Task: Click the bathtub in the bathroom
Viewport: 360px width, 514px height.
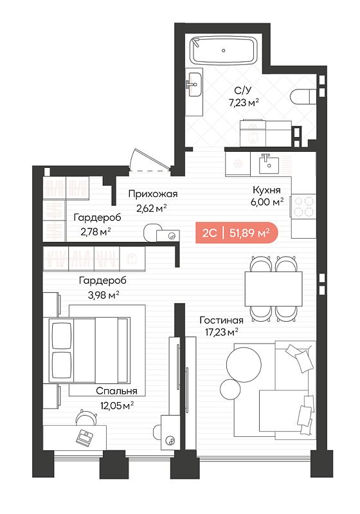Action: click(x=224, y=51)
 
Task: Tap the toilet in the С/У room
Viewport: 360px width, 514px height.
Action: click(x=303, y=96)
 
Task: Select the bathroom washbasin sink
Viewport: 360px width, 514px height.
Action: click(x=194, y=84)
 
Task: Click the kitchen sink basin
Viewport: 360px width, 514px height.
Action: click(x=269, y=164)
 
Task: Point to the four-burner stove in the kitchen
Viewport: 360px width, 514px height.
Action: click(x=303, y=207)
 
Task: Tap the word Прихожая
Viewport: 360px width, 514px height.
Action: click(x=153, y=194)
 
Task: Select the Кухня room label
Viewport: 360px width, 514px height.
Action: click(x=267, y=190)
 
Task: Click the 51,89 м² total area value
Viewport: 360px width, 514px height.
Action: click(x=249, y=233)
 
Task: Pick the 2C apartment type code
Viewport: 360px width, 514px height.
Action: click(x=210, y=233)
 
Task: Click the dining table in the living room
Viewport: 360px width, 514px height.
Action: click(x=273, y=289)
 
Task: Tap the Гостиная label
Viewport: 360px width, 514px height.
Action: click(x=221, y=320)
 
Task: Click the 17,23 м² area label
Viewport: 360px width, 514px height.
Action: click(x=221, y=333)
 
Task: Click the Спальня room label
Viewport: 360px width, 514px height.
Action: click(x=116, y=390)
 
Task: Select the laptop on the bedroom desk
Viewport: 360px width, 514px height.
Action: click(x=84, y=437)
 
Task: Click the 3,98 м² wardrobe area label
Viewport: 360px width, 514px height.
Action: click(x=104, y=295)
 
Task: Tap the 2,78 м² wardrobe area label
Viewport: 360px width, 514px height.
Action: click(x=95, y=232)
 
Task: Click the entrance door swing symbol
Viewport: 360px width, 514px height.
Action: click(x=150, y=160)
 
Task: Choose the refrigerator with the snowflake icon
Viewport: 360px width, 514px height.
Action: click(x=237, y=164)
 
